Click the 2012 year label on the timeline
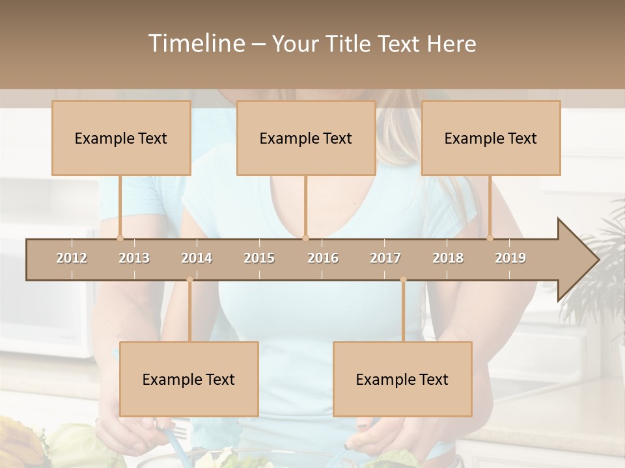72,258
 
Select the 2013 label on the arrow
134,258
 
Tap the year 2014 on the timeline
197,258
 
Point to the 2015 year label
259,258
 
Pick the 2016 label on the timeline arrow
323,258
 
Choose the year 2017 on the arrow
385,258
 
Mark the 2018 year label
448,258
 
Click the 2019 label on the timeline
510,258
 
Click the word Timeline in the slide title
195,44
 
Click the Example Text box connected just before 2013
121,138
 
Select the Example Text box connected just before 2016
306,138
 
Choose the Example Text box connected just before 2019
491,138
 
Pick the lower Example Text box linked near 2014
189,379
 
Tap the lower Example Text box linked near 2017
402,379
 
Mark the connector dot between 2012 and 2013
120,238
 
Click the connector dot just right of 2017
403,280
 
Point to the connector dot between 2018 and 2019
490,238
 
